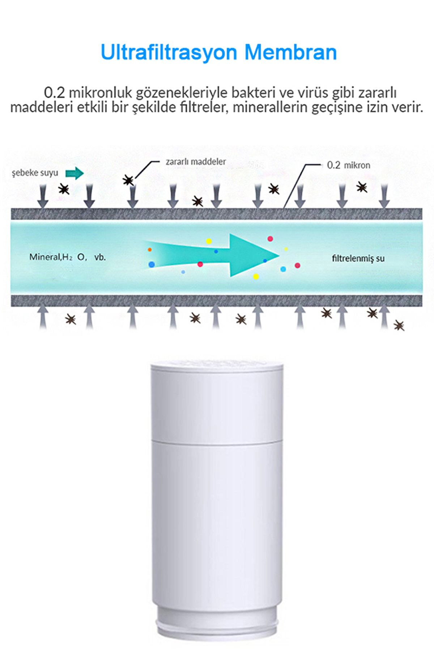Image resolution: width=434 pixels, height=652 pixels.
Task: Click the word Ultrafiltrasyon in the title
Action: point(169,53)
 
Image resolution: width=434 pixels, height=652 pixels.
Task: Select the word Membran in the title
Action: point(291,53)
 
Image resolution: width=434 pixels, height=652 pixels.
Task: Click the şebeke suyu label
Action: point(35,173)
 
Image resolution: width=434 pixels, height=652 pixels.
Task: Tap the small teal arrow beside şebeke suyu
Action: point(75,174)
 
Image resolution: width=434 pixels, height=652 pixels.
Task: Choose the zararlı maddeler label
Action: point(196,162)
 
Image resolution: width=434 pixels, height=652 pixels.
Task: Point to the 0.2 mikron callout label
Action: point(349,165)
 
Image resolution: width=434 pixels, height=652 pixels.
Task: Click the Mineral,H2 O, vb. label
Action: point(68,257)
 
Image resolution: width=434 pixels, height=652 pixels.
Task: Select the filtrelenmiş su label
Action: point(358,259)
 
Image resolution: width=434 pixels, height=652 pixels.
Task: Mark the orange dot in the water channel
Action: point(150,250)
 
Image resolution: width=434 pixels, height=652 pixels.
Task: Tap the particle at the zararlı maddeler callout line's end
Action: point(128,180)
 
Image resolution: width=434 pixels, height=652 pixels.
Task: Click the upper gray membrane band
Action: point(217,214)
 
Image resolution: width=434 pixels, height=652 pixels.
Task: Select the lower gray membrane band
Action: point(217,301)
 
